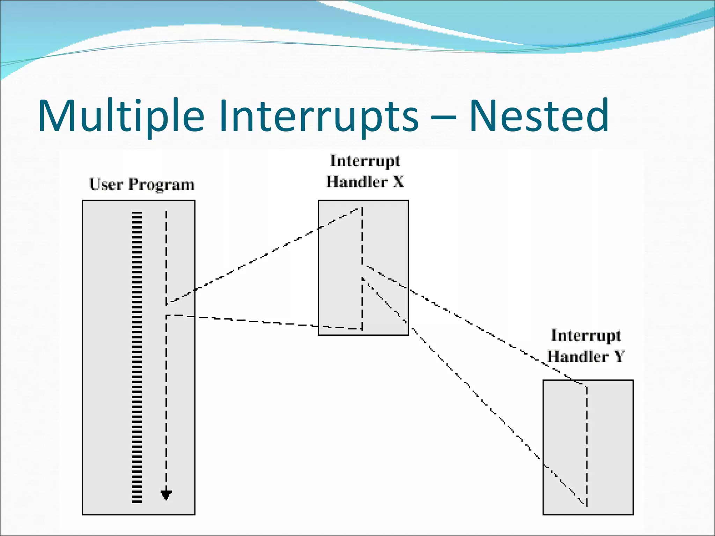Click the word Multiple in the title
pos(120,116)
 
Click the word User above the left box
pos(106,185)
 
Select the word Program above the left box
pos(161,185)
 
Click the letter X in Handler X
pos(398,182)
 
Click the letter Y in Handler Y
pos(619,356)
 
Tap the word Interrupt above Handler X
pos(365,161)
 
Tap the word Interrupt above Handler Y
pos(586,335)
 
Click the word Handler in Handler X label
pos(357,182)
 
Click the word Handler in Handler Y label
pos(578,356)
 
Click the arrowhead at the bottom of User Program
pos(166,495)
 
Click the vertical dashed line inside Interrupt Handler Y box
pos(587,443)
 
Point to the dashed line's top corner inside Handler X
pos(361,208)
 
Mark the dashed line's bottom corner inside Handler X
pos(361,329)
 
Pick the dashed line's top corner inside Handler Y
pos(586,386)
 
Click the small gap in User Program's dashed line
pos(166,310)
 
